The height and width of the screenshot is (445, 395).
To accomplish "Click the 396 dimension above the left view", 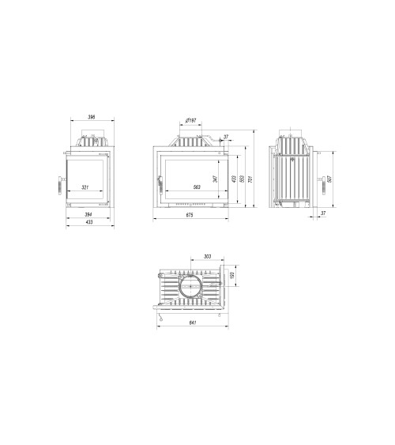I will point(91,118).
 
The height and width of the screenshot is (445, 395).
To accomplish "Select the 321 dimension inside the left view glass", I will point(86,187).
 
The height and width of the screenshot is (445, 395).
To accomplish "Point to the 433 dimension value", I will point(88,222).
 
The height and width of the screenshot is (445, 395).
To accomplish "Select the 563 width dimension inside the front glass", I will point(197,187).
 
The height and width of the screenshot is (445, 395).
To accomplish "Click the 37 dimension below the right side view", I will point(324,213).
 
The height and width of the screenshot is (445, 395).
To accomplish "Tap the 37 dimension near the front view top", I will point(226,138).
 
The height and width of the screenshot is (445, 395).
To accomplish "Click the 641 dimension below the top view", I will point(193,322).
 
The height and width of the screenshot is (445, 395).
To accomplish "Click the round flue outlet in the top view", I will point(191,289).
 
